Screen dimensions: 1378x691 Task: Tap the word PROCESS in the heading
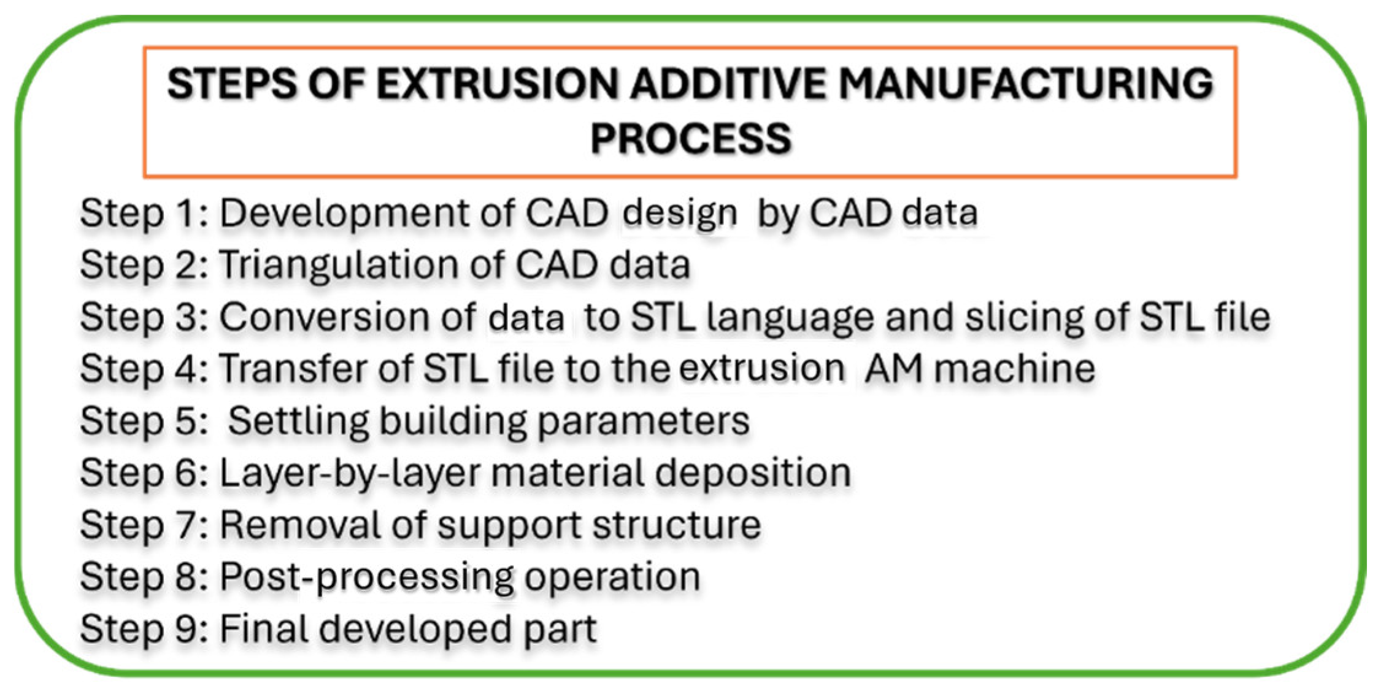tap(691, 138)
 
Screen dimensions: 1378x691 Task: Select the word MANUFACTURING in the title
tap(1025, 84)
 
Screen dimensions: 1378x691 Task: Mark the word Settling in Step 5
tap(299, 422)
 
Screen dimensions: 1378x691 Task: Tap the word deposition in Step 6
tap(752, 474)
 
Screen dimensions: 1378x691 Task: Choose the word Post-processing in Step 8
tap(366, 578)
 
